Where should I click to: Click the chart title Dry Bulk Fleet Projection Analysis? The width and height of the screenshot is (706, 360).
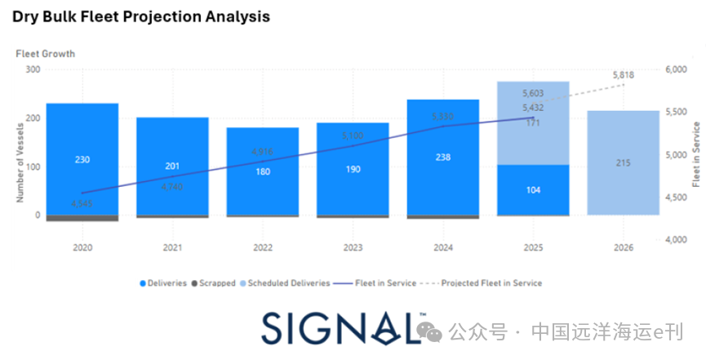140,16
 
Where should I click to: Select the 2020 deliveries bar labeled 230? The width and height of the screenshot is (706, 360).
82,160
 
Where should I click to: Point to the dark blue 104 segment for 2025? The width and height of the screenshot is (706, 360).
533,190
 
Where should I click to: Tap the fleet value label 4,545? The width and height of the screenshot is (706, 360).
82,204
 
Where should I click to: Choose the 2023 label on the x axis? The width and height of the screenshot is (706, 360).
353,246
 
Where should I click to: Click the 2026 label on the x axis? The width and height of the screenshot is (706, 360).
624,246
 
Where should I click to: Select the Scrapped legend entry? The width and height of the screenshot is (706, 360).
215,283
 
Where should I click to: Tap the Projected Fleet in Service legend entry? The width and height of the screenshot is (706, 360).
491,283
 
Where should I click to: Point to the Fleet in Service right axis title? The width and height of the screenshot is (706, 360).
696,155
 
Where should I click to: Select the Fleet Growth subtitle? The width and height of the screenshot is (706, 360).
45,54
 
